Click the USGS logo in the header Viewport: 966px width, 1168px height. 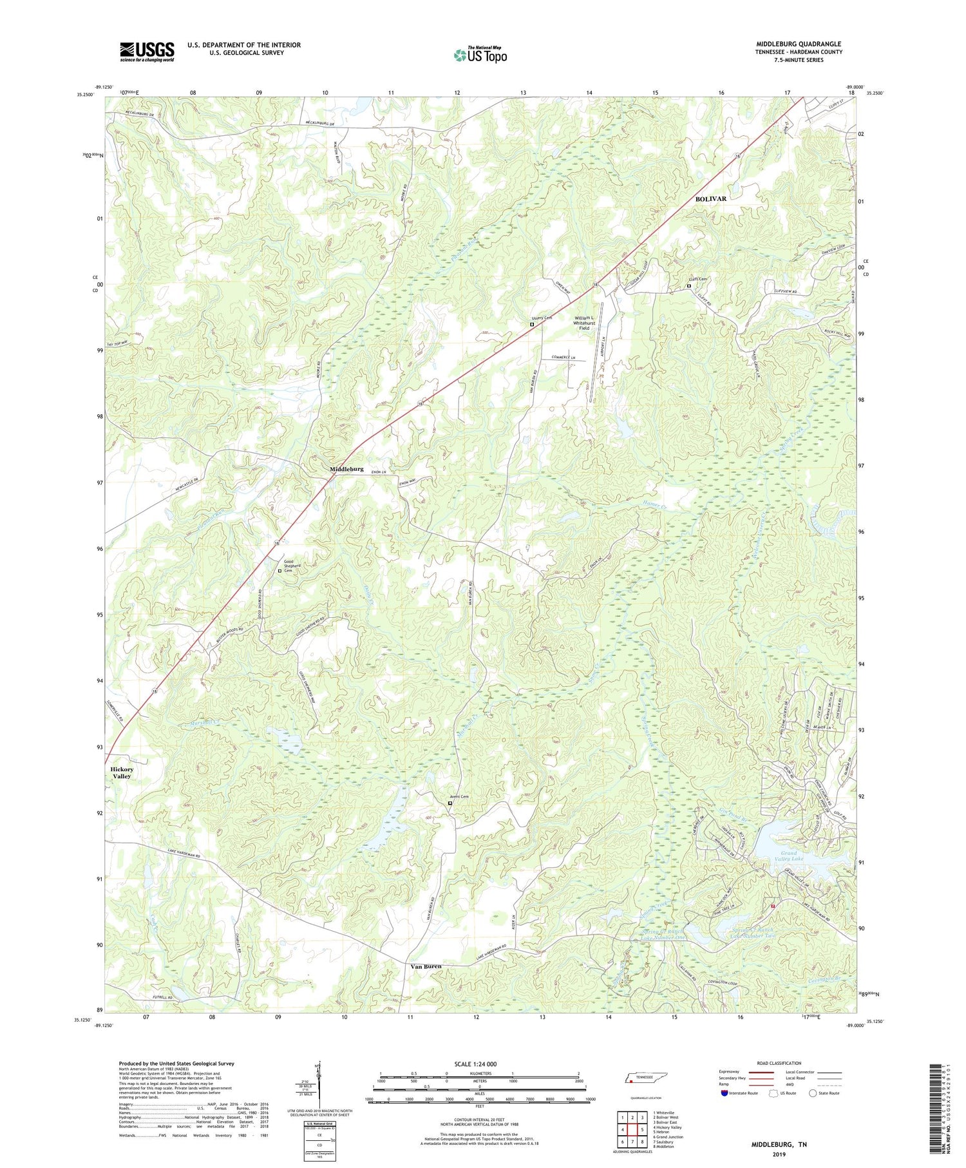[146, 52]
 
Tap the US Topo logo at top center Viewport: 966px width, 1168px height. [480, 55]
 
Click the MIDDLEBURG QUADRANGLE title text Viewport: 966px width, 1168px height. [799, 44]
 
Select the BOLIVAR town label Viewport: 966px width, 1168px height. [710, 199]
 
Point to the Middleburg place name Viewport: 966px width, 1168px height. [346, 469]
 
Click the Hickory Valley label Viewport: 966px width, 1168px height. [122, 772]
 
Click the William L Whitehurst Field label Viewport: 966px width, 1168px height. [583, 323]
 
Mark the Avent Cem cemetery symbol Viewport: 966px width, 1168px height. [450, 803]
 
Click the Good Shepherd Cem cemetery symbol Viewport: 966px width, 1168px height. [279, 571]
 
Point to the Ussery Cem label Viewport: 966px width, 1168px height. [542, 318]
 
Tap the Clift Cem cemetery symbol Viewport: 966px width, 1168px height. [688, 286]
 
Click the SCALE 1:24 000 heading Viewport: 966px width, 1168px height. [479, 1064]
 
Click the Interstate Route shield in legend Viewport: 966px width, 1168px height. [725, 1093]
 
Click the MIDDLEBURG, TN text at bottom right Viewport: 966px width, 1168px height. [779, 1144]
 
